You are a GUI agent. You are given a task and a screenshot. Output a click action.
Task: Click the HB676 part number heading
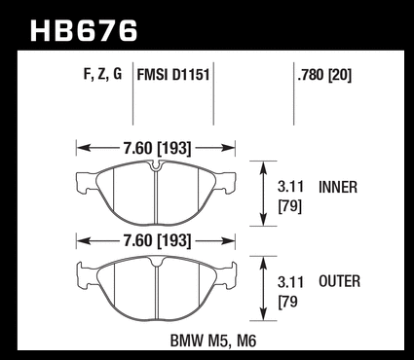(84, 31)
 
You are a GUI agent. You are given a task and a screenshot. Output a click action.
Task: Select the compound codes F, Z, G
(102, 75)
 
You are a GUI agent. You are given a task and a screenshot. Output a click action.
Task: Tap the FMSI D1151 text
(173, 75)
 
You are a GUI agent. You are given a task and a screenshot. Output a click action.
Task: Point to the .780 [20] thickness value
(324, 75)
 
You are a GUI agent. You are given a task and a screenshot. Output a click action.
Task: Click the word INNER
(338, 187)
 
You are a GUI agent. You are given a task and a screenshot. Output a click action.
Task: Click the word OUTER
(339, 281)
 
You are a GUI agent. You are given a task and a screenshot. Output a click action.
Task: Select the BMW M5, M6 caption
(213, 341)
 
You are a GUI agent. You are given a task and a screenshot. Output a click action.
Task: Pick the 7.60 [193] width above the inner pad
(157, 148)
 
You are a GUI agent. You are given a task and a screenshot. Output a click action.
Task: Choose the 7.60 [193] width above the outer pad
(157, 240)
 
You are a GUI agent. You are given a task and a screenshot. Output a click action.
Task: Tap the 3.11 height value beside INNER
(290, 187)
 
